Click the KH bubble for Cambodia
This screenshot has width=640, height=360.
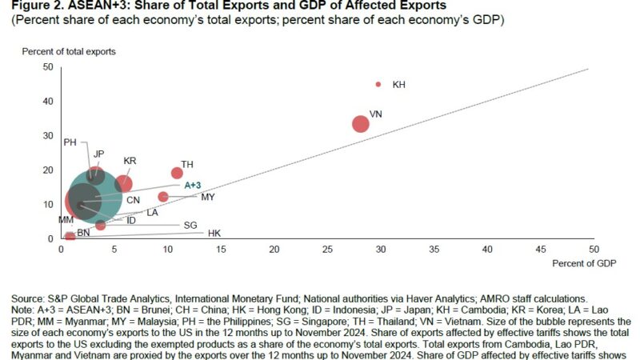click(x=378, y=84)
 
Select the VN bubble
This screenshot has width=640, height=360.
click(x=361, y=124)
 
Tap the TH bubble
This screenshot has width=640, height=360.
click(x=177, y=173)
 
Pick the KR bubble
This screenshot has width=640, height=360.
click(x=123, y=184)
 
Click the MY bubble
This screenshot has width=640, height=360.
click(x=163, y=197)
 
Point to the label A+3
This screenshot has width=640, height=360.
click(x=194, y=185)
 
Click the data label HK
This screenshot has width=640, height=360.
click(x=214, y=233)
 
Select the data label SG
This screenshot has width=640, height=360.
click(x=190, y=225)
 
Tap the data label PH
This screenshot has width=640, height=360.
click(x=70, y=142)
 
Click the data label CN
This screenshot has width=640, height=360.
click(x=133, y=198)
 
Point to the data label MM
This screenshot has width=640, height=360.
click(x=66, y=219)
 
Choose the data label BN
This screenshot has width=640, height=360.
click(x=83, y=232)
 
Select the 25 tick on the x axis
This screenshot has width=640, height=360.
click(x=327, y=250)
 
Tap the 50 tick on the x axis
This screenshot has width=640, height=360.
click(x=594, y=250)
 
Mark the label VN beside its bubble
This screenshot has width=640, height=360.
click(x=376, y=114)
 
